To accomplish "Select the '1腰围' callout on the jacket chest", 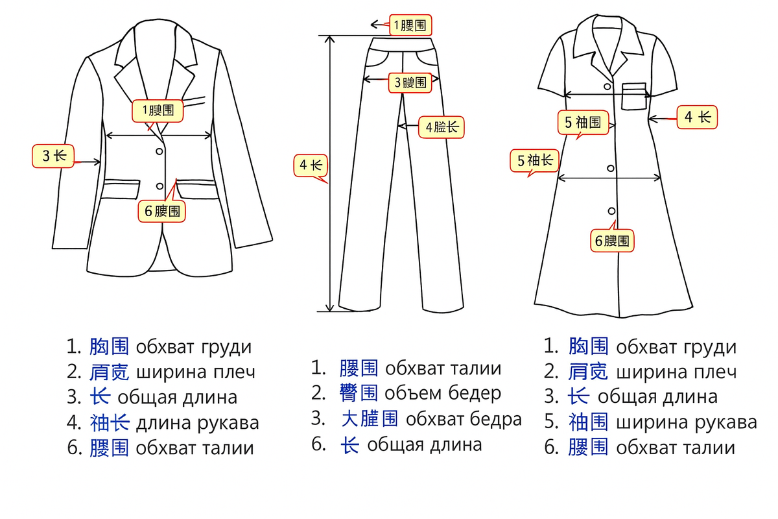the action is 158,110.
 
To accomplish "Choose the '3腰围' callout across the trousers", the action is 410,82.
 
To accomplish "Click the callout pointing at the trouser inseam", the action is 442,127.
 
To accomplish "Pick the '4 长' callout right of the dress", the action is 698,117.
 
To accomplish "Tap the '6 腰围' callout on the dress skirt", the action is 612,241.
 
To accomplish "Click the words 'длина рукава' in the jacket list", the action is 197,423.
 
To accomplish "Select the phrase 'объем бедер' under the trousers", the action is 443,393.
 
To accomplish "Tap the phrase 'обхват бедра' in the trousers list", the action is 464,419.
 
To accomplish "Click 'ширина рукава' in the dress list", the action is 686,422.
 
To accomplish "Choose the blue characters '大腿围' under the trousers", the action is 370,419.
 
